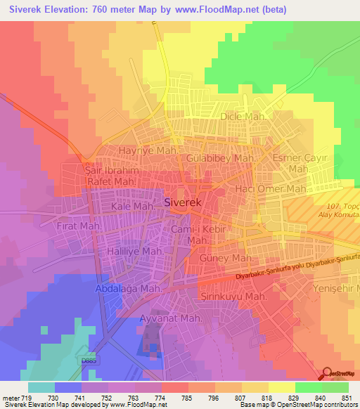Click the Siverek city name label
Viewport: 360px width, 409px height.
click(183, 202)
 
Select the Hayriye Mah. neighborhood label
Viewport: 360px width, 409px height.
click(147, 151)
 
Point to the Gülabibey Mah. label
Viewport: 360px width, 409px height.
click(221, 159)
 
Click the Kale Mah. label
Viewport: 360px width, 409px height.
click(132, 207)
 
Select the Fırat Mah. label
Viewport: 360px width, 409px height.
click(80, 228)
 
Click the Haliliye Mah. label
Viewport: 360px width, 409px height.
click(136, 251)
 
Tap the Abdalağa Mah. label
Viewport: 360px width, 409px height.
click(129, 288)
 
